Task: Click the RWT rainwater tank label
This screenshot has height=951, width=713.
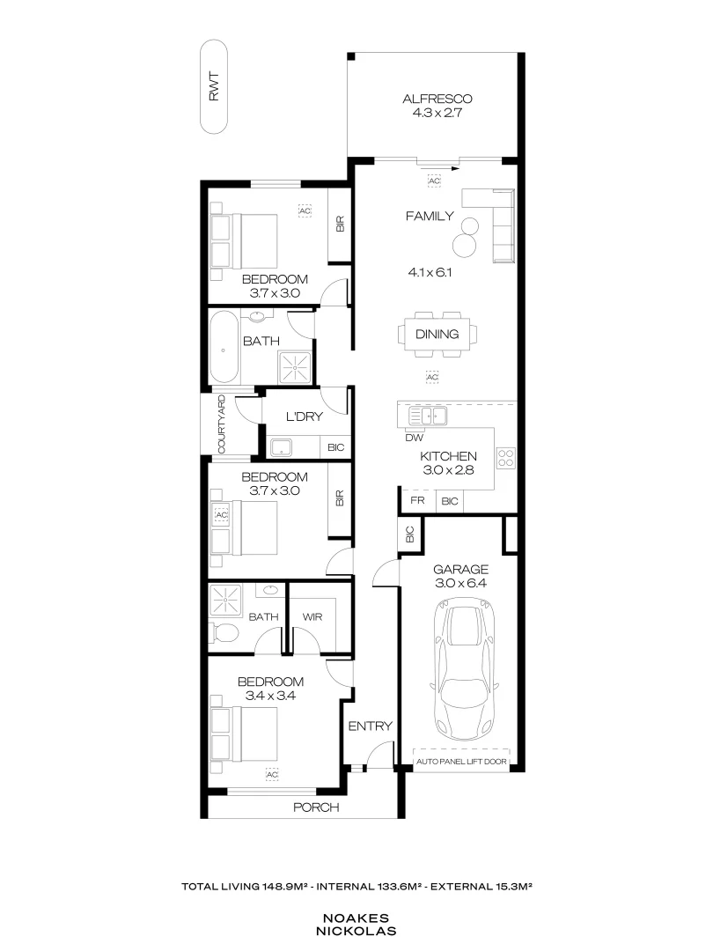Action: pos(214,87)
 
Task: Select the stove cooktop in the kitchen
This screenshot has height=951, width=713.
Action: pos(506,458)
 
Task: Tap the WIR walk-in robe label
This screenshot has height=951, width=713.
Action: pos(312,617)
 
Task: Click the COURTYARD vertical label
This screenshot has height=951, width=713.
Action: pos(221,424)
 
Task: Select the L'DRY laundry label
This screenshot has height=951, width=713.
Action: pos(303,417)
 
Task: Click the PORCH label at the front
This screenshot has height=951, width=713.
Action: pos(315,807)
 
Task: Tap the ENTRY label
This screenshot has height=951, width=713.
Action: pos(370,726)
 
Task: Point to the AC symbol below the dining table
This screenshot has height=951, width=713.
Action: pos(431,376)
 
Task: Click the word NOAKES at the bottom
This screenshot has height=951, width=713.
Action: pos(356,916)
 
